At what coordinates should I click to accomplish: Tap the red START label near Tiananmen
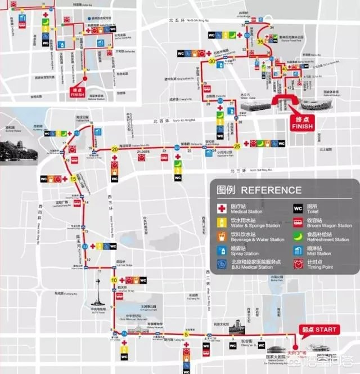318,330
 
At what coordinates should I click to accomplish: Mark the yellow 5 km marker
186,335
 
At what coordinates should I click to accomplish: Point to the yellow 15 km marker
73,179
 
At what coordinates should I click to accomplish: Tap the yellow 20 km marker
115,149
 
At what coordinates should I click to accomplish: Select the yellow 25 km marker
237,146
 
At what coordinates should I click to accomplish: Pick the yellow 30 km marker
211,61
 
